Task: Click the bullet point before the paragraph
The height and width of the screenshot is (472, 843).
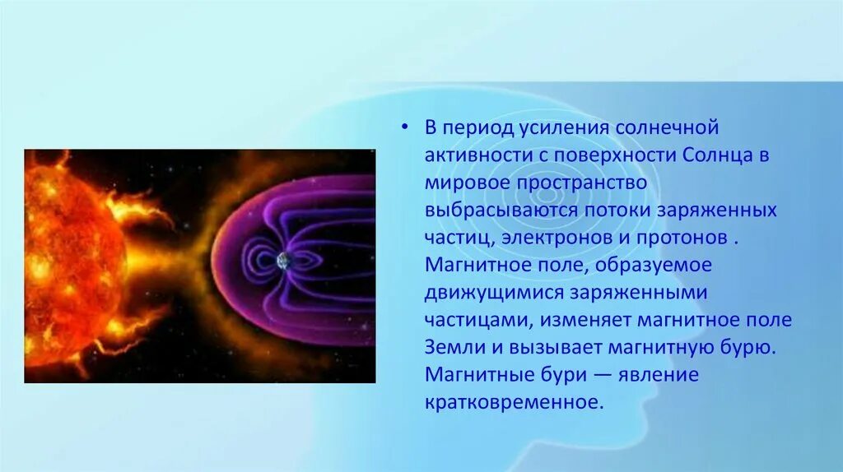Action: click(404, 127)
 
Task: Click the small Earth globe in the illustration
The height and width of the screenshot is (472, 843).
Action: click(283, 261)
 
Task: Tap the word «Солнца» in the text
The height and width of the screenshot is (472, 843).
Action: click(718, 155)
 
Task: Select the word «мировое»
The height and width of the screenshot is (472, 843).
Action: click(468, 183)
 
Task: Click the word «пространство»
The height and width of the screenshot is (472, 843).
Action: click(582, 183)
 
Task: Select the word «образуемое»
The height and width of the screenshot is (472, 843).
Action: click(653, 266)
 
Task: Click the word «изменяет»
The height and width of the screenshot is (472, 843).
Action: click(586, 320)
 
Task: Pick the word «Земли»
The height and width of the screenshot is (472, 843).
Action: click(455, 348)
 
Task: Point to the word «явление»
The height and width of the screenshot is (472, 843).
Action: click(659, 375)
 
